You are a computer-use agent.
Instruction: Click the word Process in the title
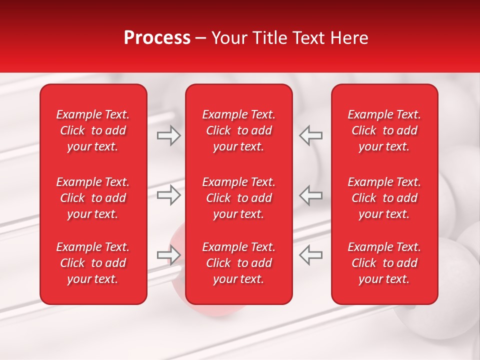click(157, 38)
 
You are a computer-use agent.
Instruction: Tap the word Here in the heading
click(349, 38)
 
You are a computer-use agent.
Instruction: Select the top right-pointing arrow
click(169, 135)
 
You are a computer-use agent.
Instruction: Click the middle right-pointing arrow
click(169, 195)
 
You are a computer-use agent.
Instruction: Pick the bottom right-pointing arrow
click(169, 255)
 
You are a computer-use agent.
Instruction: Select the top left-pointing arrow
click(311, 135)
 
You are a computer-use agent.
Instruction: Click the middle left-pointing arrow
click(311, 195)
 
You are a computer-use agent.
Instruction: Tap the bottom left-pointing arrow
click(311, 255)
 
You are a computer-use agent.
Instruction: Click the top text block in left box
click(93, 130)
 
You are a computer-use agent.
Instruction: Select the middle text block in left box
click(93, 198)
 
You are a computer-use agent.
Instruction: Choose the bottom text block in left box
click(93, 263)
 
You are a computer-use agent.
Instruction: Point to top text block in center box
click(238, 130)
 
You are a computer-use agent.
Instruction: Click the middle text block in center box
click(238, 198)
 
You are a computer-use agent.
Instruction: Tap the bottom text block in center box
click(238, 263)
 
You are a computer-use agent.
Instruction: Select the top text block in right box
click(384, 130)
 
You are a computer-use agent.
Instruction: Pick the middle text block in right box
click(384, 198)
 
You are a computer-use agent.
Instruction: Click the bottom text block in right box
click(384, 263)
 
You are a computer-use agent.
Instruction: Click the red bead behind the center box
click(177, 235)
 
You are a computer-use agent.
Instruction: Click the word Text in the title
click(309, 38)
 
